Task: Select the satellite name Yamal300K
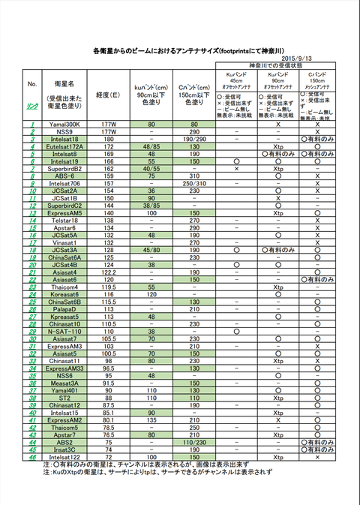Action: [x=64, y=124]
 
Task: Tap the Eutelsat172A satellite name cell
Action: [x=64, y=146]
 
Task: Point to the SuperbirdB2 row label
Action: [x=64, y=169]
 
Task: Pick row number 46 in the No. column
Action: [x=33, y=456]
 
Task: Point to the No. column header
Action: [x=32, y=83]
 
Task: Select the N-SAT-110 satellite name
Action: [x=64, y=331]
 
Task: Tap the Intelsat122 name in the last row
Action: [x=64, y=456]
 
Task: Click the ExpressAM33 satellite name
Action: [x=64, y=368]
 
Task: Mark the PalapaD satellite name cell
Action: [x=64, y=308]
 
